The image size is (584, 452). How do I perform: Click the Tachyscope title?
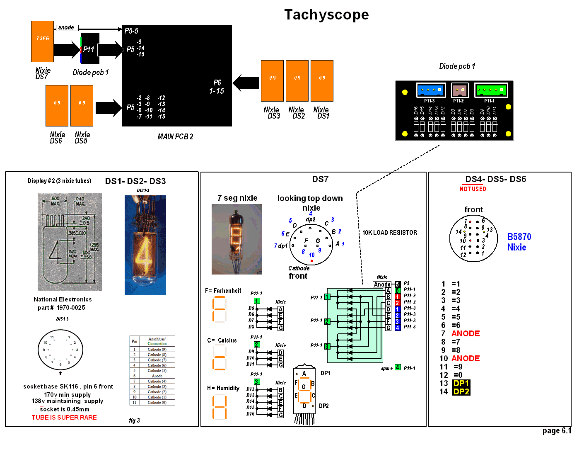coord(326,15)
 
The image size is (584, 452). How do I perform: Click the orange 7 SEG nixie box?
coord(42,41)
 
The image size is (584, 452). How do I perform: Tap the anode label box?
coord(67,28)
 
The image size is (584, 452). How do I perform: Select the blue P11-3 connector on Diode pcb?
coord(431,90)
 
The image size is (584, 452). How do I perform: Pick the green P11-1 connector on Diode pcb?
coord(490,90)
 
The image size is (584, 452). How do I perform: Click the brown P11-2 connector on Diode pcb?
coord(459,90)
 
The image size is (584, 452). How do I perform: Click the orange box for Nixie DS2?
coord(297,81)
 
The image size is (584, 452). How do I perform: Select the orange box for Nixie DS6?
coord(57,105)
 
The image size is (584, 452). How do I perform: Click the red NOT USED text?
coord(473,189)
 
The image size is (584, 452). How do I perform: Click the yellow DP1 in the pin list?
coord(461,383)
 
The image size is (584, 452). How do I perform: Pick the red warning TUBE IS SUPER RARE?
coord(64,418)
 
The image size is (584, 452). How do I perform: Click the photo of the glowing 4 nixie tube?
coord(145,245)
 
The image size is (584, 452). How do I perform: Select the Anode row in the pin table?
coord(152,376)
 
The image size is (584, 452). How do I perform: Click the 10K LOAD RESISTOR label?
coord(389,233)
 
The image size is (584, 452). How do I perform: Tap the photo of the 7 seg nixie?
coord(236,239)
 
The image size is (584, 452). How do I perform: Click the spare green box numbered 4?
coord(398,367)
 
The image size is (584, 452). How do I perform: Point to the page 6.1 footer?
coord(556,431)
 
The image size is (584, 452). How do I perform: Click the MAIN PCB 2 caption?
coord(175,136)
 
